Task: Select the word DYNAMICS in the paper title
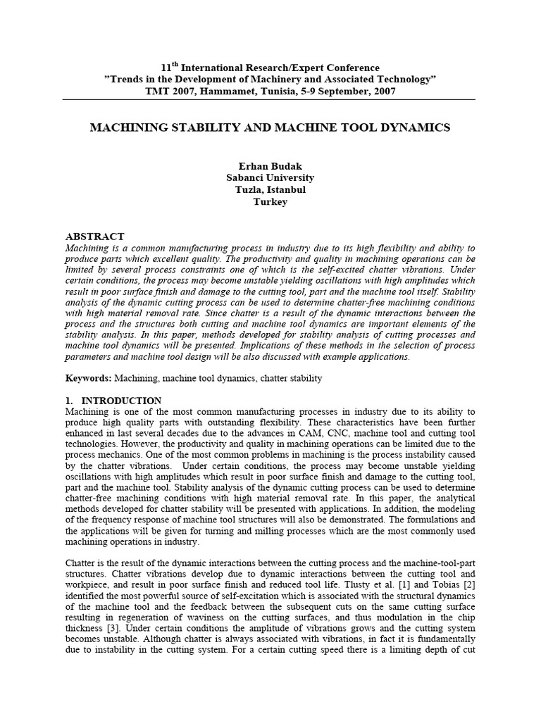click(415, 127)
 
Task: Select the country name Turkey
click(270, 201)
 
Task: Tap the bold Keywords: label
click(88, 378)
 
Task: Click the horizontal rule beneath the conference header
click(270, 99)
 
